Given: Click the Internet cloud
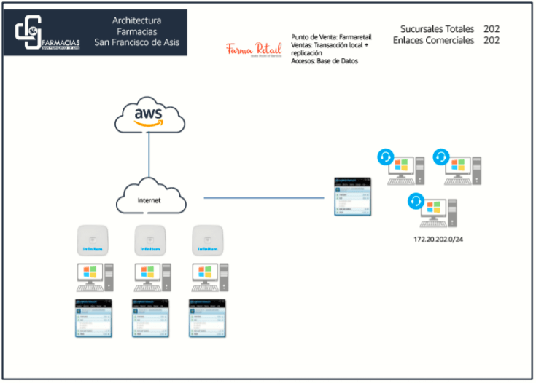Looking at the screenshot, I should (x=150, y=197).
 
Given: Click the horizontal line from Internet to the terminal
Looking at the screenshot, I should (x=263, y=197).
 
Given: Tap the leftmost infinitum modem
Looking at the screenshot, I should (x=93, y=240).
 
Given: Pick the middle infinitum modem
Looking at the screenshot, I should (x=149, y=240).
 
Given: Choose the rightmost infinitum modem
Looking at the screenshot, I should (x=206, y=240).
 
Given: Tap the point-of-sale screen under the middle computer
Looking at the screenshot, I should (x=150, y=317).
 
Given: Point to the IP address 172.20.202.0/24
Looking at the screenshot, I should (x=438, y=239).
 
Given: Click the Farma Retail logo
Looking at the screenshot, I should (x=254, y=50).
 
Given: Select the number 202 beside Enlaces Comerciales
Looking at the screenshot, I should (x=492, y=41).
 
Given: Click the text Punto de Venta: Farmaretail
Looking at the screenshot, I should (x=331, y=36).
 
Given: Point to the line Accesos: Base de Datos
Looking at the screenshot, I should (x=324, y=61).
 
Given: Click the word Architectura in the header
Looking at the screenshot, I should (x=136, y=20).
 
